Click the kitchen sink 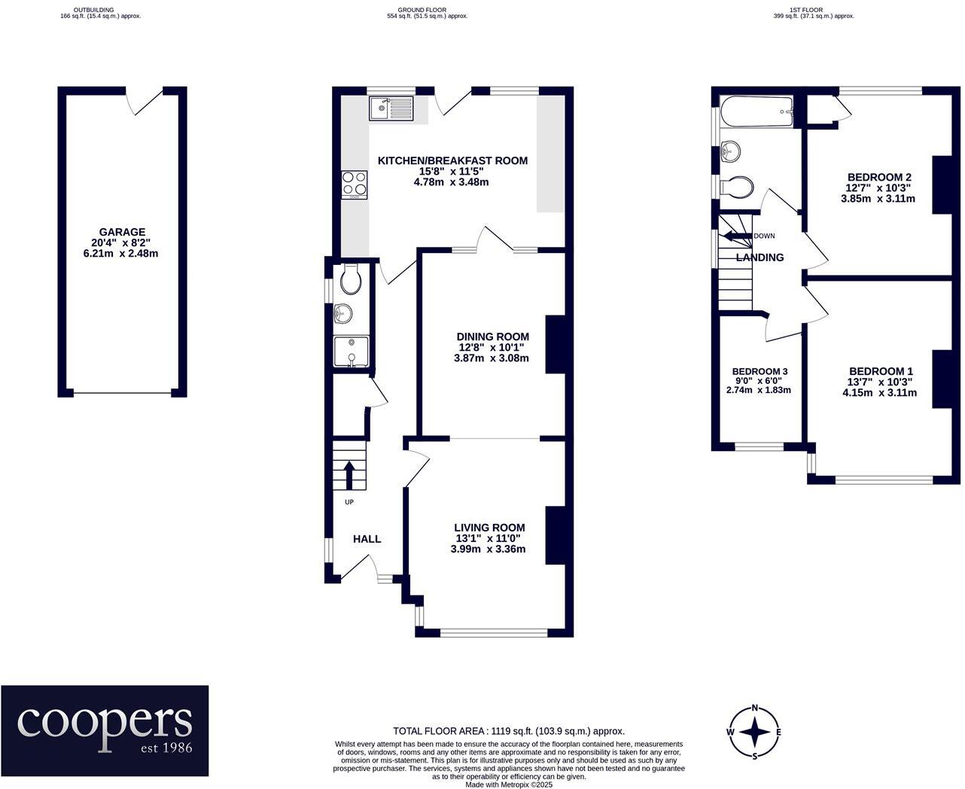(x=391, y=108)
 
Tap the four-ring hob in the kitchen (x=354, y=184)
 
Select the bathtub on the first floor (x=756, y=111)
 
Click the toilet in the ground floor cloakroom (x=351, y=279)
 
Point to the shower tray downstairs (x=351, y=352)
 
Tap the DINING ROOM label (x=492, y=337)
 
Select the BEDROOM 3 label (x=760, y=371)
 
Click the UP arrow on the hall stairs (x=349, y=475)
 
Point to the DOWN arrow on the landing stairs (x=736, y=236)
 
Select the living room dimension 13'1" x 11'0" (x=489, y=538)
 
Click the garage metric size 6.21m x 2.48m (x=120, y=253)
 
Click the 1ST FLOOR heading (x=812, y=10)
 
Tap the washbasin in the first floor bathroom (x=731, y=151)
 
